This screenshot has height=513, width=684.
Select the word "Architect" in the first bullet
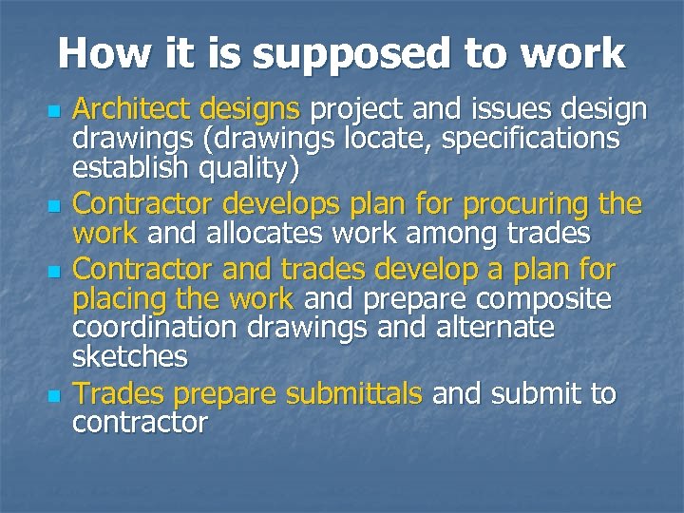pyautogui.click(x=132, y=110)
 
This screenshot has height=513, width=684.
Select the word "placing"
pyautogui.click(x=116, y=300)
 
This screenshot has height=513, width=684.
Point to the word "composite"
pyautogui.click(x=543, y=299)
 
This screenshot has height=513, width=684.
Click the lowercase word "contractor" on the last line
pyautogui.click(x=140, y=422)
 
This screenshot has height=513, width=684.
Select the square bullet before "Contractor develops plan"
pyautogui.click(x=53, y=205)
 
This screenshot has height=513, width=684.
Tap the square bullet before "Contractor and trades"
pyautogui.click(x=53, y=272)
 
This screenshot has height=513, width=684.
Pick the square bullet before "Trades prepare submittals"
pyautogui.click(x=53, y=393)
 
